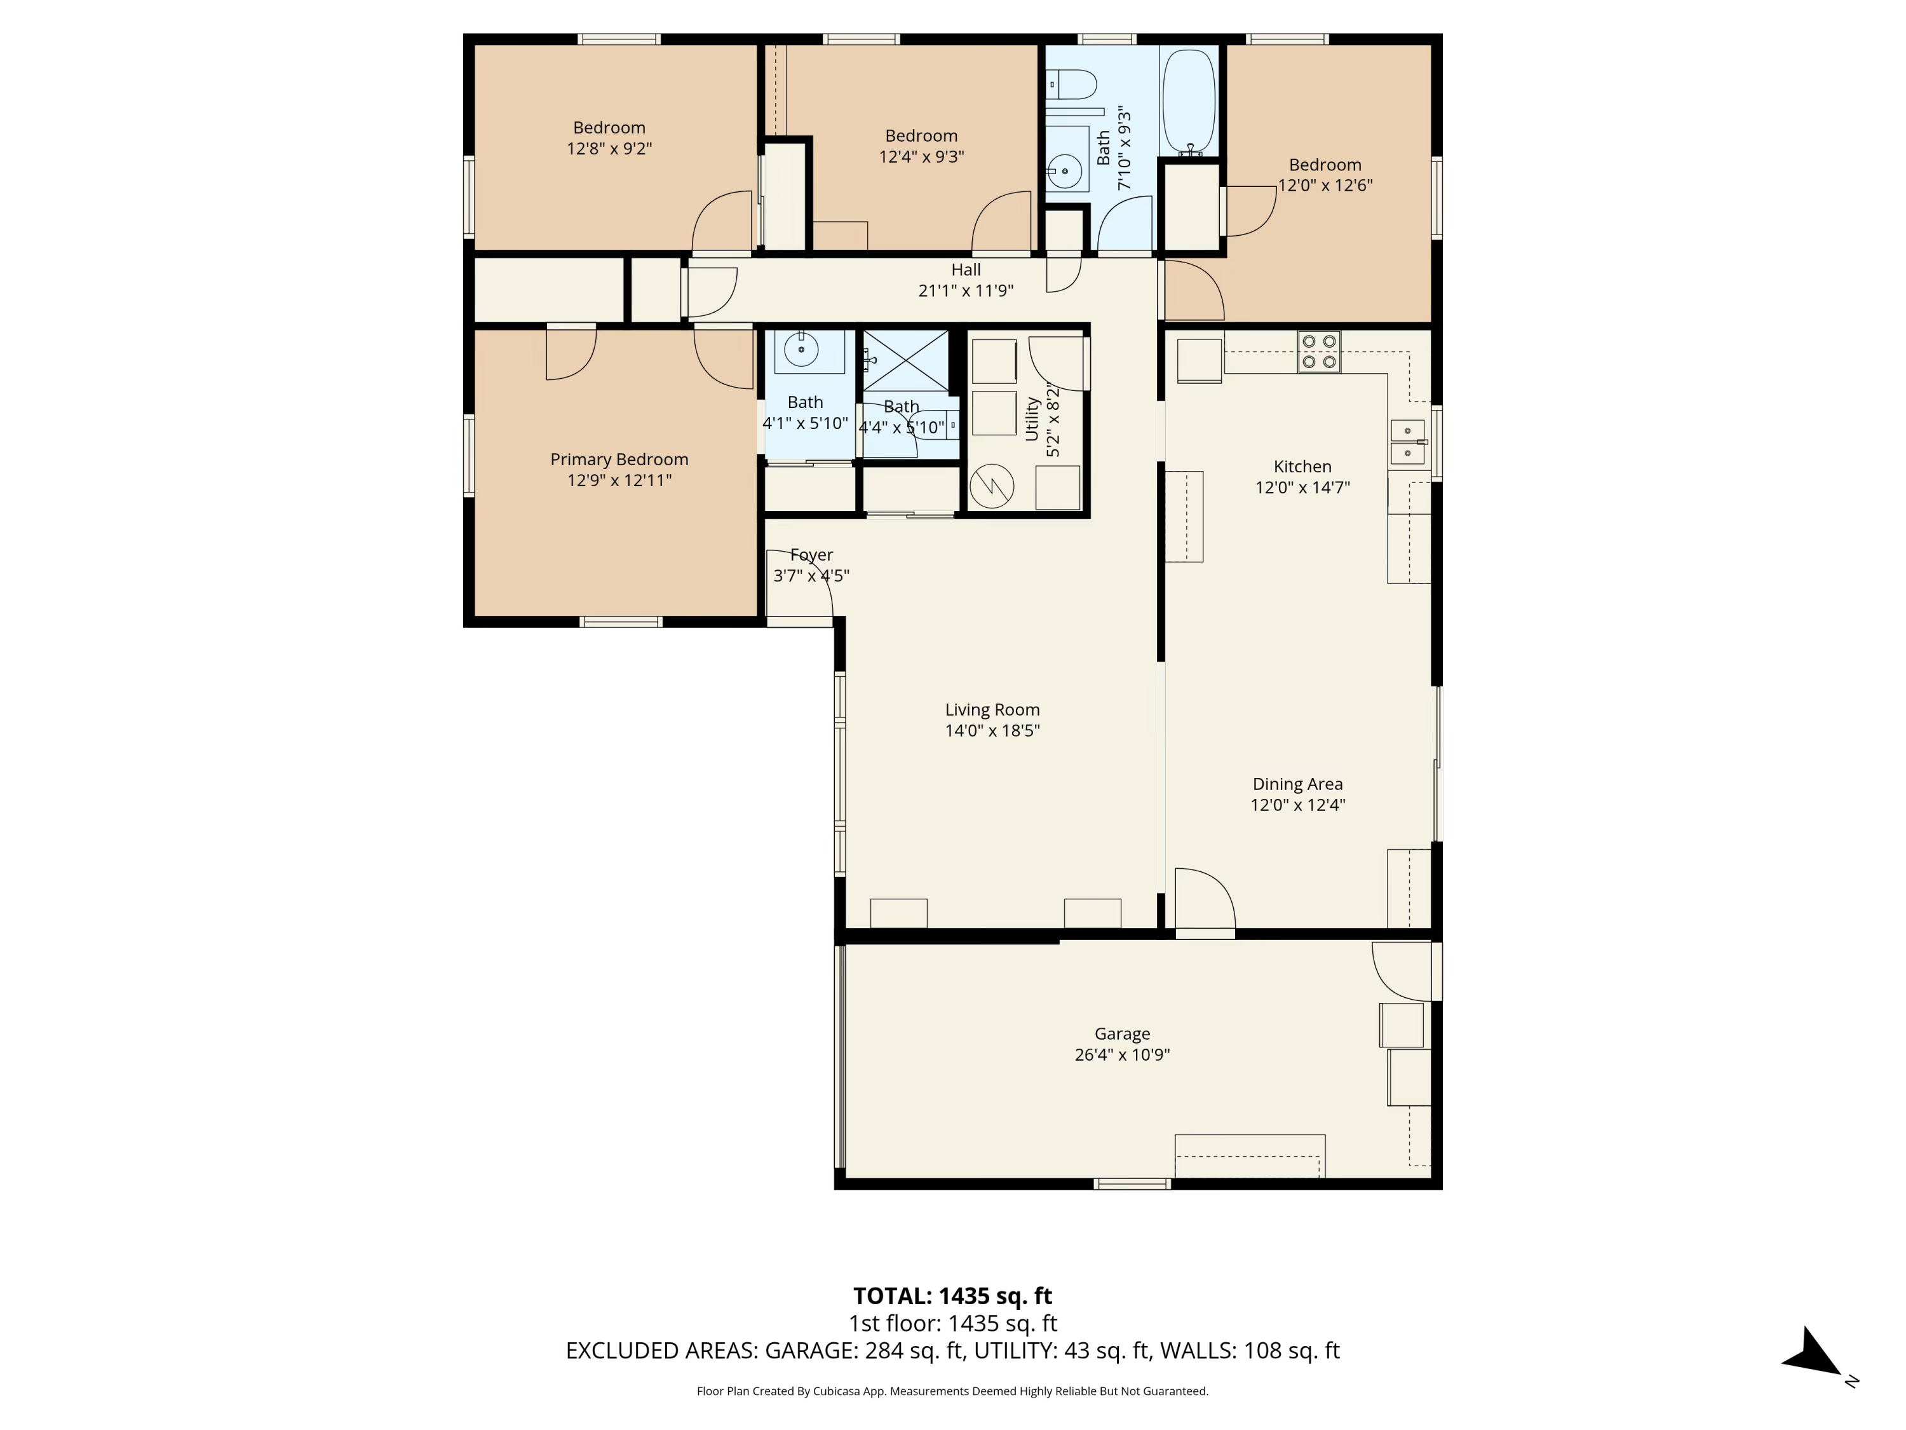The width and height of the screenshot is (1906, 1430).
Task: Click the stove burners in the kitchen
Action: click(1319, 351)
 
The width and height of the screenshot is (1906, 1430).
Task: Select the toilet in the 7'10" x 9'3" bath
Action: click(1074, 85)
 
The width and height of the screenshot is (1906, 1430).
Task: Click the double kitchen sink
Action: click(1406, 441)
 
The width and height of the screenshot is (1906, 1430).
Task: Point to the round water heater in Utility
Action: click(991, 487)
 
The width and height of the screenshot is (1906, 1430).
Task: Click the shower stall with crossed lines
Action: click(905, 360)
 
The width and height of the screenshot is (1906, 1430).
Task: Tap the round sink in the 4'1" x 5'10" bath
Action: click(801, 350)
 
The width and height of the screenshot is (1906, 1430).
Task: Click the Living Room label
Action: click(992, 709)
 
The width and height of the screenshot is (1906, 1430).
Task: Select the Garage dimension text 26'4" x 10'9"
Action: click(1122, 1054)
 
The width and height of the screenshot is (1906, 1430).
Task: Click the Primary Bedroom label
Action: click(619, 460)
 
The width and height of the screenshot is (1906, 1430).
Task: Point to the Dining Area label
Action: click(1297, 784)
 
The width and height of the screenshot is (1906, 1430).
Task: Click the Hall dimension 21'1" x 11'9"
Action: click(965, 290)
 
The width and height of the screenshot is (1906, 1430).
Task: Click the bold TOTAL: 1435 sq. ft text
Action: click(952, 1295)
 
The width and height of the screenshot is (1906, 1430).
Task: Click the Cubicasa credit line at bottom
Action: click(952, 1391)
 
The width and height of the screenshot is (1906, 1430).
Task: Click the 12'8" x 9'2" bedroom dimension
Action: click(609, 148)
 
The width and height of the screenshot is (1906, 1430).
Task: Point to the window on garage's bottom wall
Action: click(1132, 1184)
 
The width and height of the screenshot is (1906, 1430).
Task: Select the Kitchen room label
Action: click(1302, 466)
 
